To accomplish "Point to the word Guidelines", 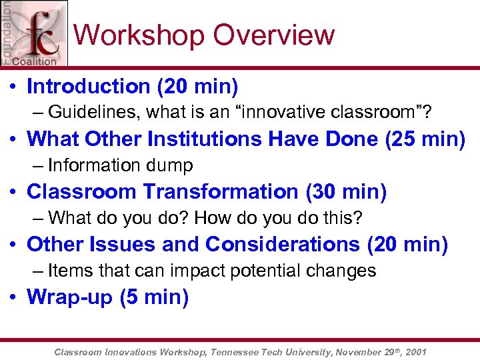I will [95, 113].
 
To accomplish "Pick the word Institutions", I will [201, 139].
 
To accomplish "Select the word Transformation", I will [221, 191].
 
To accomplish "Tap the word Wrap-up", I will [69, 297].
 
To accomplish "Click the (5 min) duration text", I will [154, 297].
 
